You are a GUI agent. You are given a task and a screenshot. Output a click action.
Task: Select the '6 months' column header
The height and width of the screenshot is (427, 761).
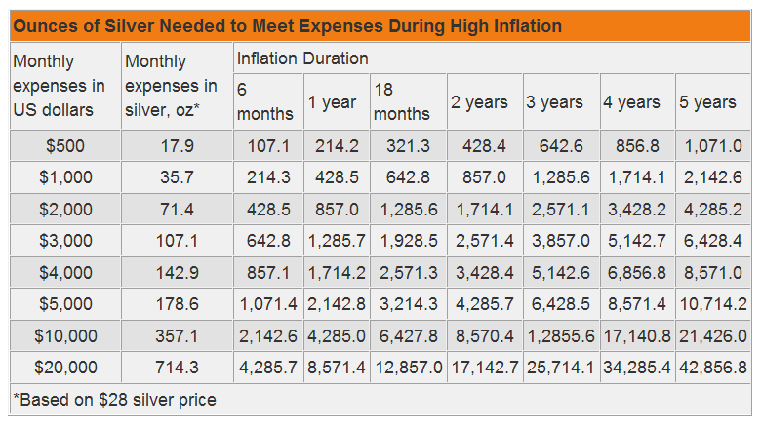(x=264, y=101)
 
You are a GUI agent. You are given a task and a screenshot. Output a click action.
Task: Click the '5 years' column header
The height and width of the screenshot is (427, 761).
(x=707, y=102)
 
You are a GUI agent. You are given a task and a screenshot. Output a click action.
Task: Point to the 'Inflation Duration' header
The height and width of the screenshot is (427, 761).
(x=302, y=59)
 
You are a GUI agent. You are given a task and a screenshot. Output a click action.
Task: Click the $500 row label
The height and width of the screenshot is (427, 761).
(x=65, y=147)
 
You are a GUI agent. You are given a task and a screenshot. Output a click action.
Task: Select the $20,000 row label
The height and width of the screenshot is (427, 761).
(x=65, y=368)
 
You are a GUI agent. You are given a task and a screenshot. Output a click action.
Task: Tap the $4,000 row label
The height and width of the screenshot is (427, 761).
(x=65, y=273)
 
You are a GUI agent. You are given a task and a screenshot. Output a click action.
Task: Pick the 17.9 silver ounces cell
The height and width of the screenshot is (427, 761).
(x=177, y=147)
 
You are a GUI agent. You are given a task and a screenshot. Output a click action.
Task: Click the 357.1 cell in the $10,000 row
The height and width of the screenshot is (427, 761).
(x=177, y=336)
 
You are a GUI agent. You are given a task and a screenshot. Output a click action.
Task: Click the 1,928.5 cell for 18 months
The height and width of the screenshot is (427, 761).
(x=408, y=242)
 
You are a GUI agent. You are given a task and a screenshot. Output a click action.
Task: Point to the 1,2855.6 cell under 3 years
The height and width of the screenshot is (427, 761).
(x=561, y=336)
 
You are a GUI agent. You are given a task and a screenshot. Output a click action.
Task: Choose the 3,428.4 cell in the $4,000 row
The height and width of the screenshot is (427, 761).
(x=485, y=273)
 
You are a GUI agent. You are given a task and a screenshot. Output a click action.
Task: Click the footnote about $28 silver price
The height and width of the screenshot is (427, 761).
(x=115, y=400)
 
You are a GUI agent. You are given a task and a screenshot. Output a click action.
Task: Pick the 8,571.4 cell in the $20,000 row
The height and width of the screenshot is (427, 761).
(x=337, y=368)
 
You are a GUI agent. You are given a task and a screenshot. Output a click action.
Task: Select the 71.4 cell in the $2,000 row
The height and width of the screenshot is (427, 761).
(x=177, y=210)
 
